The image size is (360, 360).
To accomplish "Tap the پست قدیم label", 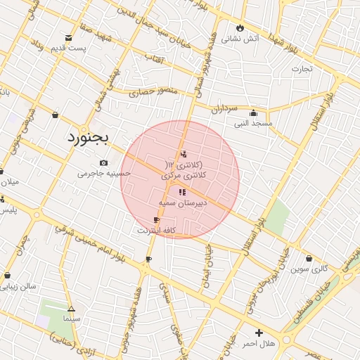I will click(x=68, y=49).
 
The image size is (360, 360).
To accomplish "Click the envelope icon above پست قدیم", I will click(x=68, y=37).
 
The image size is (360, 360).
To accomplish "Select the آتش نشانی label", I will click(x=241, y=39).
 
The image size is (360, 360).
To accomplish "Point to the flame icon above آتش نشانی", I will click(x=240, y=28).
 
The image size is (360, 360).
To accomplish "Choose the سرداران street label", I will click(x=226, y=109).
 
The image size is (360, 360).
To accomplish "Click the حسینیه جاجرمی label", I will click(x=104, y=173).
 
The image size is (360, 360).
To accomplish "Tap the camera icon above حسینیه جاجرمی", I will click(x=104, y=163).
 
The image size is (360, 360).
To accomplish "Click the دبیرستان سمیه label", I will click(x=181, y=202).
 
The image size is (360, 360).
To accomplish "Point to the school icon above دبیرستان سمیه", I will click(x=182, y=192).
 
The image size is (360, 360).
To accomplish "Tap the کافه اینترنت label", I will click(x=156, y=230).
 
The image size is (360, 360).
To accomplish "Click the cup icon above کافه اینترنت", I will click(x=156, y=220).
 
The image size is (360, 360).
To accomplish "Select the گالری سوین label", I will click(x=311, y=269).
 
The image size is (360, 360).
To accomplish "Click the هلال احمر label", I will click(x=259, y=343).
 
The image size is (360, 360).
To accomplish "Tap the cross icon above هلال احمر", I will click(x=259, y=333).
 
